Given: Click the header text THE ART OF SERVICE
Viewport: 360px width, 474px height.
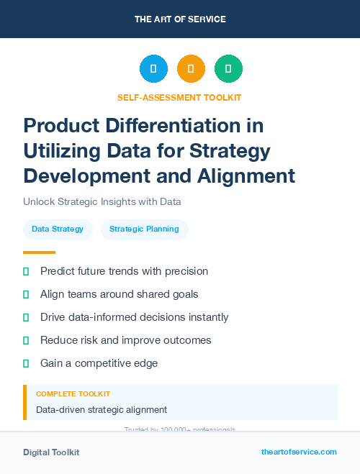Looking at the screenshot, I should [180, 19].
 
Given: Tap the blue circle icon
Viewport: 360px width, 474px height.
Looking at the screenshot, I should [153, 69].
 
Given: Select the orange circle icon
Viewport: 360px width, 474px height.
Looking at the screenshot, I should [191, 69].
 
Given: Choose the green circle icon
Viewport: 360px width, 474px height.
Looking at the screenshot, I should [228, 69].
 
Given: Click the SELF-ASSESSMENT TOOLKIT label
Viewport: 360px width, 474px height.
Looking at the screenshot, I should [180, 97].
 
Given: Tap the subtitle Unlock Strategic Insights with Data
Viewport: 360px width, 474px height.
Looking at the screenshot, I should [102, 202].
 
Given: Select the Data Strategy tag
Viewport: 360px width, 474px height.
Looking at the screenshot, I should [58, 229].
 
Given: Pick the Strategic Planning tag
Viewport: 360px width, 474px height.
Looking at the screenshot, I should [144, 229].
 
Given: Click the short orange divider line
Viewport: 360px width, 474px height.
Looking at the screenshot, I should [39, 252].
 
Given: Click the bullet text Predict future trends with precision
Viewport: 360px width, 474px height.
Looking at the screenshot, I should [124, 271].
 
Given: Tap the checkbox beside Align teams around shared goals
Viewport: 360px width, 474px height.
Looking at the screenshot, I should [27, 294].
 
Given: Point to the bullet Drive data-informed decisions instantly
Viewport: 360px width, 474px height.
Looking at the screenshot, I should [134, 317].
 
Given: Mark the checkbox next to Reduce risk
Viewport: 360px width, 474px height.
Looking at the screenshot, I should [27, 340].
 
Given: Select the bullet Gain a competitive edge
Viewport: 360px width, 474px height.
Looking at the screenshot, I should [99, 363].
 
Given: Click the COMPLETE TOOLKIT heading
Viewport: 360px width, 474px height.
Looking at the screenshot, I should [73, 394].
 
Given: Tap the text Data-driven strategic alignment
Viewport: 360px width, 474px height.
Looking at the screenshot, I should [102, 410].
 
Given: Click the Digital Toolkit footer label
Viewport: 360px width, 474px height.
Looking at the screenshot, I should [51, 452].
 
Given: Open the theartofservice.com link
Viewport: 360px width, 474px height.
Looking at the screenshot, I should [299, 452].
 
